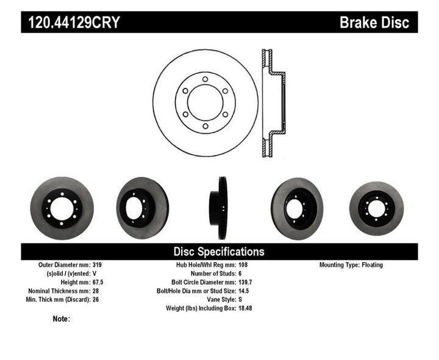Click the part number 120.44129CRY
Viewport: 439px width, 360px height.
click(x=72, y=23)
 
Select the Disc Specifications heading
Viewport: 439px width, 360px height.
click(x=219, y=251)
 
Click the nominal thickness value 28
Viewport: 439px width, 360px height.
click(x=96, y=291)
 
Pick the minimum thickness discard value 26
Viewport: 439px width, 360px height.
click(x=96, y=300)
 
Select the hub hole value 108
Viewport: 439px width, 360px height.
click(x=244, y=265)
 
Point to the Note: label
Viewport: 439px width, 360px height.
click(x=62, y=319)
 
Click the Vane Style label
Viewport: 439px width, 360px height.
click(x=218, y=300)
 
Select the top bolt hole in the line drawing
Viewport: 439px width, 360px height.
click(x=205, y=78)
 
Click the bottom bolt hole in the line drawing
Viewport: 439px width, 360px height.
click(x=205, y=126)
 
